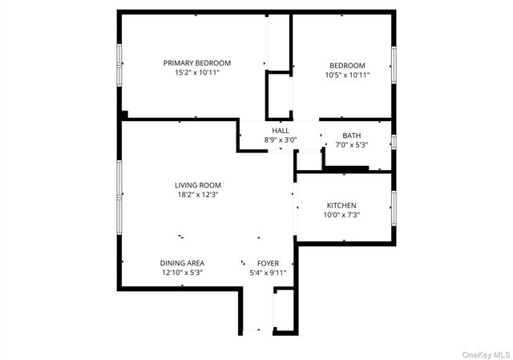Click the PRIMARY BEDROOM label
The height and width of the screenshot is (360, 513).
click(x=197, y=63)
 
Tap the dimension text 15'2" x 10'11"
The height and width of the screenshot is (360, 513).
click(x=197, y=72)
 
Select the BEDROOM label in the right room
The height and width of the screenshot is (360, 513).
click(x=347, y=66)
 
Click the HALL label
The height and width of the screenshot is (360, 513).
click(x=281, y=131)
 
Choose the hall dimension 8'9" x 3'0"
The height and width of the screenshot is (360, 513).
click(x=281, y=140)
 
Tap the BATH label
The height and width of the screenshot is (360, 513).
click(x=352, y=136)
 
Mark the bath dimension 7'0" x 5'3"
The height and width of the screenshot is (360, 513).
click(x=352, y=145)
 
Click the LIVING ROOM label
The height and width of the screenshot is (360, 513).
click(x=198, y=185)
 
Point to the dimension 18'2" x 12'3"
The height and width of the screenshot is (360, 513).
click(x=198, y=194)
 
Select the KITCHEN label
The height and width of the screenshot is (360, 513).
click(x=341, y=205)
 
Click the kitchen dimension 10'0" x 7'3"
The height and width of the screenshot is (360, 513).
click(x=341, y=215)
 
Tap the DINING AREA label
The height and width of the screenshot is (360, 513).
click(x=182, y=263)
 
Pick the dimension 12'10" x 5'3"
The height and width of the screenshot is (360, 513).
click(x=182, y=273)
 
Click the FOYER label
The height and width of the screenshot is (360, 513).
click(x=268, y=263)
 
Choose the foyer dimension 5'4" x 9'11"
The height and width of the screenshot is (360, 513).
click(x=268, y=273)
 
